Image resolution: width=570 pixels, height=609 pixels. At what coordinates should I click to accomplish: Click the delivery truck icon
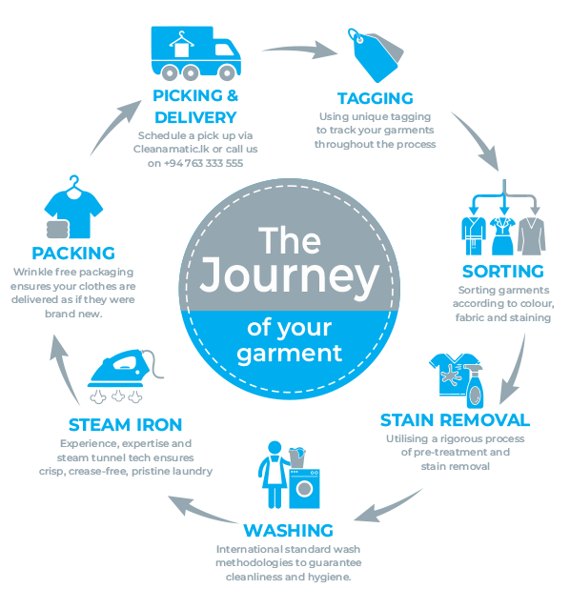click(x=195, y=53)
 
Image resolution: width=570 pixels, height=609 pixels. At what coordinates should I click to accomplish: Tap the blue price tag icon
click(x=374, y=56)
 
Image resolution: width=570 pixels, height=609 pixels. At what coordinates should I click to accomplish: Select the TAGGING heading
click(x=375, y=99)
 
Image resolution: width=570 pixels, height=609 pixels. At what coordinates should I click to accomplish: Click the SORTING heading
click(x=502, y=272)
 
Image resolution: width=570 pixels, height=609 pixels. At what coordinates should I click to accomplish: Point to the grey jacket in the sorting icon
click(x=532, y=235)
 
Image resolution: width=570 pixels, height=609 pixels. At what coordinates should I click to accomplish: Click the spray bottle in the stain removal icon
click(x=474, y=385)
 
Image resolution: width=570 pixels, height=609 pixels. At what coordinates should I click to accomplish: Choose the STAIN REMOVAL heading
click(x=455, y=420)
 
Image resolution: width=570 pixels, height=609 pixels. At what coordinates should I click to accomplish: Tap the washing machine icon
click(x=304, y=488)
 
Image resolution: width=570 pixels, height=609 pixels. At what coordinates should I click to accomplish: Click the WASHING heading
click(x=288, y=531)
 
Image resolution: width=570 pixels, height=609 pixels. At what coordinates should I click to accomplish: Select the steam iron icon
click(x=125, y=376)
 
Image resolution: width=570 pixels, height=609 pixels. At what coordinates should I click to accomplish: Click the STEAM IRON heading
click(x=125, y=425)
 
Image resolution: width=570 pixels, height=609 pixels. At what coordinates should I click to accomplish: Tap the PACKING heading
click(x=73, y=254)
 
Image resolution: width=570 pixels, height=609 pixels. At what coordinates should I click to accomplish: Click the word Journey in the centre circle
click(x=289, y=275)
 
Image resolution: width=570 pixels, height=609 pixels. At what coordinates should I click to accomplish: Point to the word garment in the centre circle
click(x=289, y=354)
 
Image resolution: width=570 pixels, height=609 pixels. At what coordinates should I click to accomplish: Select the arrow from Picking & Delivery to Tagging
click(x=299, y=49)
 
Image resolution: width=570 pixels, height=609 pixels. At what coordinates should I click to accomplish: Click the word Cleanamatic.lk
click(x=172, y=149)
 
